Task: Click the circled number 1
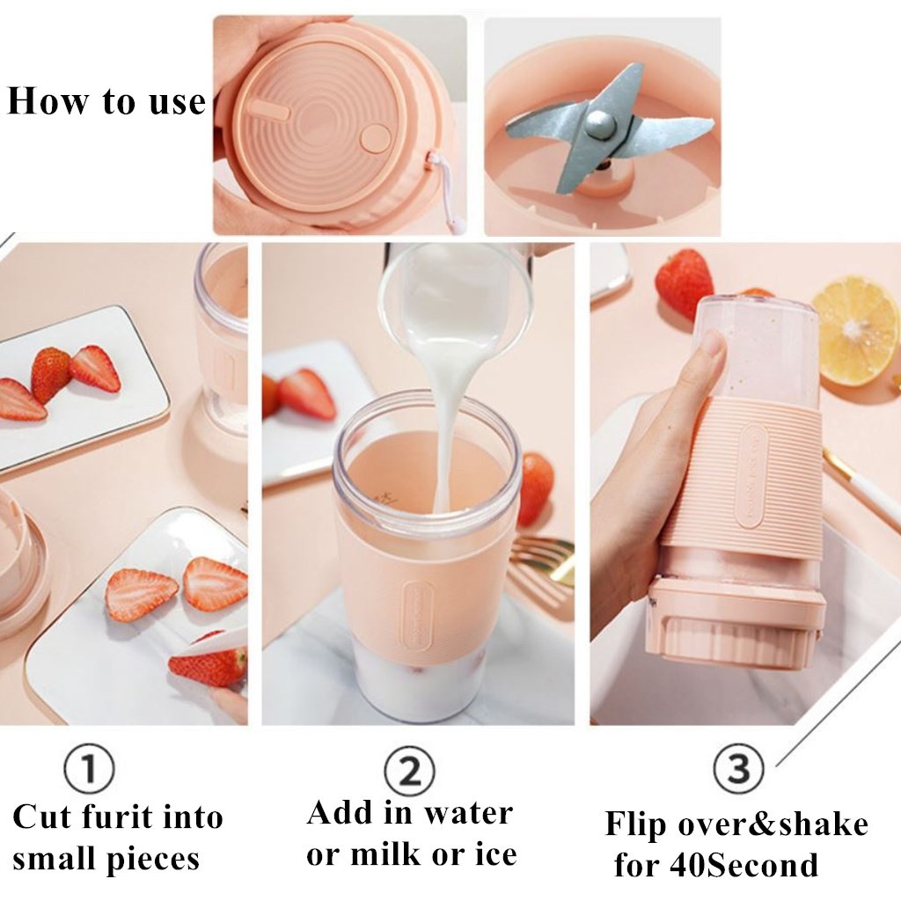click(x=89, y=768)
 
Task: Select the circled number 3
click(x=738, y=768)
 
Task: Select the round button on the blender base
click(x=375, y=138)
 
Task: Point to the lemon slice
click(x=857, y=331)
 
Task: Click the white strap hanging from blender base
click(x=447, y=192)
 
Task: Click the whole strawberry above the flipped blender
click(x=685, y=283)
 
